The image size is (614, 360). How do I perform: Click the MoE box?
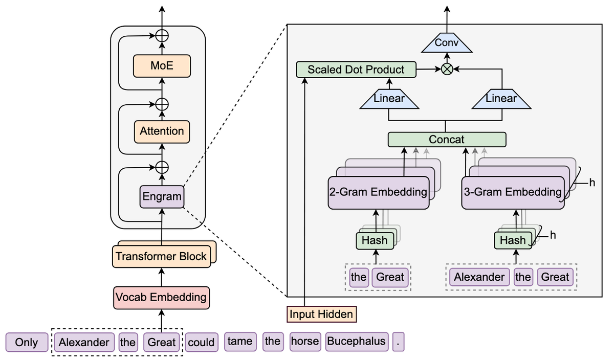coord(162,66)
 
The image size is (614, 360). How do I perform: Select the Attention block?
coord(162,131)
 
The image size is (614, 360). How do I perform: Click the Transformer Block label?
coord(161,256)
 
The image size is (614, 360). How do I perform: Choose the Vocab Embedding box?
coord(161,297)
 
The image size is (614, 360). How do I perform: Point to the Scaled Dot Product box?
coord(356,70)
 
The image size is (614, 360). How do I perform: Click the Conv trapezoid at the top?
coord(447,43)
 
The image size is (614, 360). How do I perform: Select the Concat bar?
coord(447,139)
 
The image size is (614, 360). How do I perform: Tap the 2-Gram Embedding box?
coord(378,192)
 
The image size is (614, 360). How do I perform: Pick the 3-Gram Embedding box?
coord(513,192)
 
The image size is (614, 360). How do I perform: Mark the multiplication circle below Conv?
coord(447,70)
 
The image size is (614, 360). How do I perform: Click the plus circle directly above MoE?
coord(162,36)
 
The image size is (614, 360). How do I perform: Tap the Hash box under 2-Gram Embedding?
coord(375,240)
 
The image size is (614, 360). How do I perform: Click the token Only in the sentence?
coord(27,342)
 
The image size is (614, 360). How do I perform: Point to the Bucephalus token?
coord(356,342)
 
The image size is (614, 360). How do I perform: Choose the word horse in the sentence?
coord(305,341)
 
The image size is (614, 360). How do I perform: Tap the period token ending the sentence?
coord(399,342)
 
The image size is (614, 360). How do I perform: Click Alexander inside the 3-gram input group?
coord(479,277)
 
